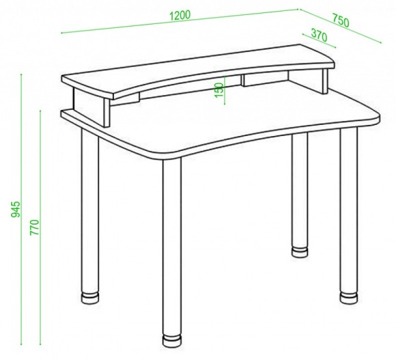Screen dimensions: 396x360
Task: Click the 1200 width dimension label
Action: [180, 15]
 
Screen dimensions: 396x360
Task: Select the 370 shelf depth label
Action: [319, 35]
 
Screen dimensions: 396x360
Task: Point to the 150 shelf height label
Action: [219, 90]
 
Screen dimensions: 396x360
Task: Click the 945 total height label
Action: [15, 210]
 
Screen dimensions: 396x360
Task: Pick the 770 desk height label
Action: [34, 228]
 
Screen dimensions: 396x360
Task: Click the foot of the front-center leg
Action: [172, 341]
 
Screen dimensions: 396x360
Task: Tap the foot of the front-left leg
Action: [90, 298]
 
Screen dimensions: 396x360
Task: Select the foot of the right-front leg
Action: [349, 297]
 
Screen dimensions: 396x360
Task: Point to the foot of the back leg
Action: [300, 252]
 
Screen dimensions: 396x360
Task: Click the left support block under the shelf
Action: [91, 106]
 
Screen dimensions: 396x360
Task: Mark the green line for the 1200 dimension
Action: [180, 21]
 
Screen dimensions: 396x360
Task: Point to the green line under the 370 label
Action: [320, 40]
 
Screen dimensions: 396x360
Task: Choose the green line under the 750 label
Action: [341, 26]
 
